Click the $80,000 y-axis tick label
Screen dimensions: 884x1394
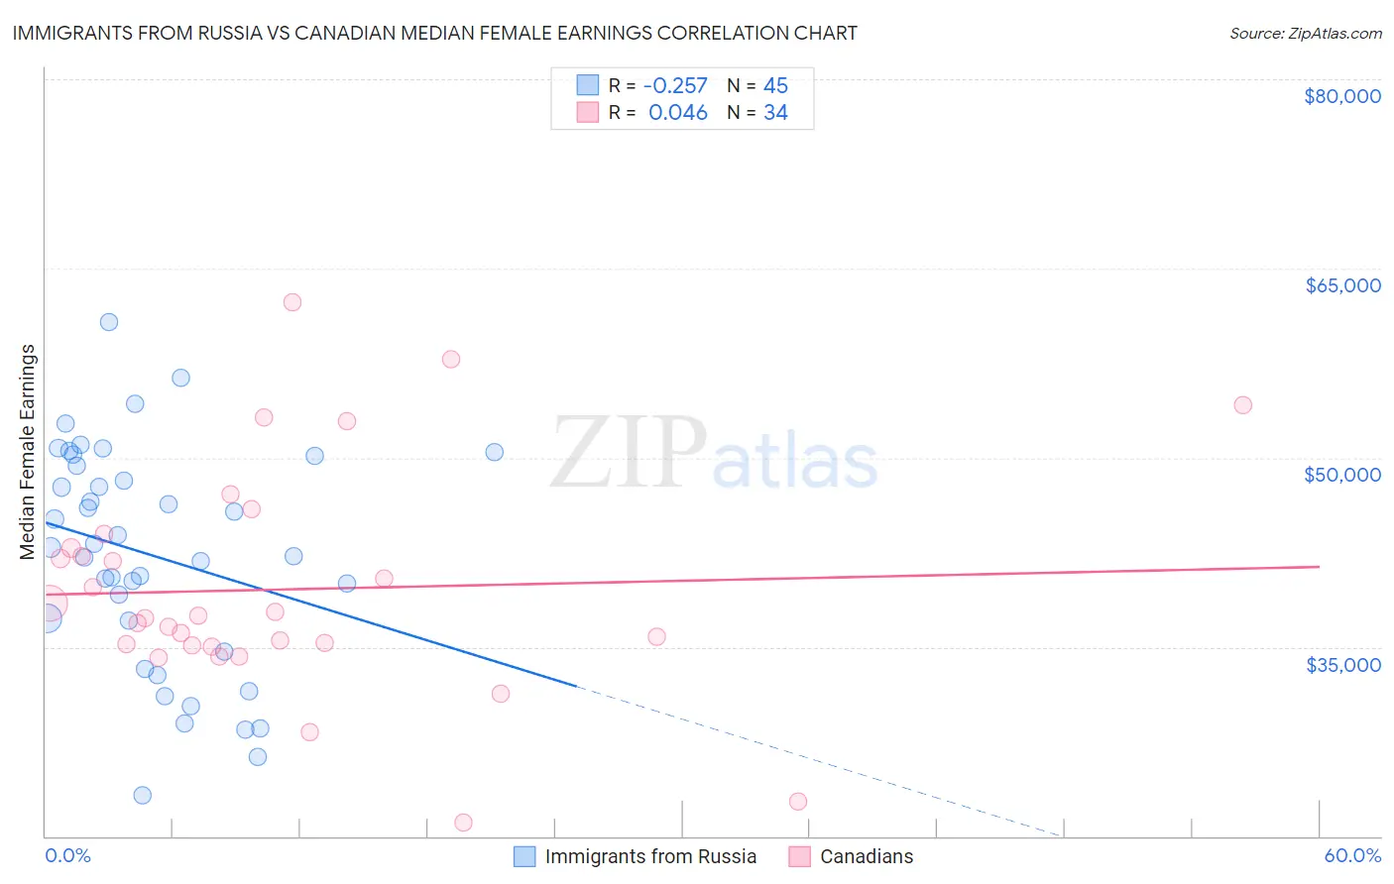coord(1341,96)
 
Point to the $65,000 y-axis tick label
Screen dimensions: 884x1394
coord(1342,285)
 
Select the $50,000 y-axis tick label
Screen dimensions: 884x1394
coord(1341,475)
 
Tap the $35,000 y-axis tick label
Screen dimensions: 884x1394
coord(1342,664)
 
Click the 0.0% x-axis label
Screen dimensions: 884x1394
coord(67,855)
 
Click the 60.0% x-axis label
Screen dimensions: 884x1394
coord(1351,855)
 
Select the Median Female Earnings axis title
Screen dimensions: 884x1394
coord(28,452)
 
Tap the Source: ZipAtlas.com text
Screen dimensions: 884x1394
coord(1305,33)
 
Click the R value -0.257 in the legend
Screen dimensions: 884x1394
coord(674,86)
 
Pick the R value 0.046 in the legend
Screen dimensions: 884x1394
coord(677,113)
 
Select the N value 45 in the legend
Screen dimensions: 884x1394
coord(775,86)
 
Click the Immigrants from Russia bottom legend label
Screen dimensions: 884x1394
coord(649,856)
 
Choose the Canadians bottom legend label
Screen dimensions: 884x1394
coord(866,856)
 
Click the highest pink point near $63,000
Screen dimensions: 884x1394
coord(291,302)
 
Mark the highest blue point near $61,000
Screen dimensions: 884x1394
coord(109,322)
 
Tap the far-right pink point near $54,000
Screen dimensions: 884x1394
coord(1242,405)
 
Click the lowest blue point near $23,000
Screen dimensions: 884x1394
coord(143,795)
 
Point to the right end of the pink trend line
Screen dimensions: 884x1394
coord(1319,566)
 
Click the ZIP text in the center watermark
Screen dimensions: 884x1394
coord(629,452)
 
